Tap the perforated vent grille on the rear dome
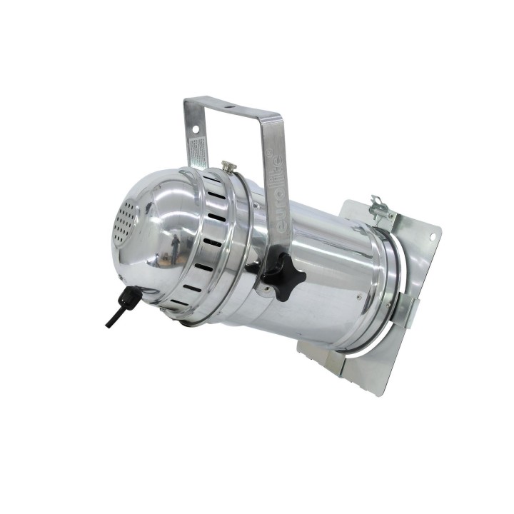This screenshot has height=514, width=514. (x=126, y=221)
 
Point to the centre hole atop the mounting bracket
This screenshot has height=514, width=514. (x=230, y=108)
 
